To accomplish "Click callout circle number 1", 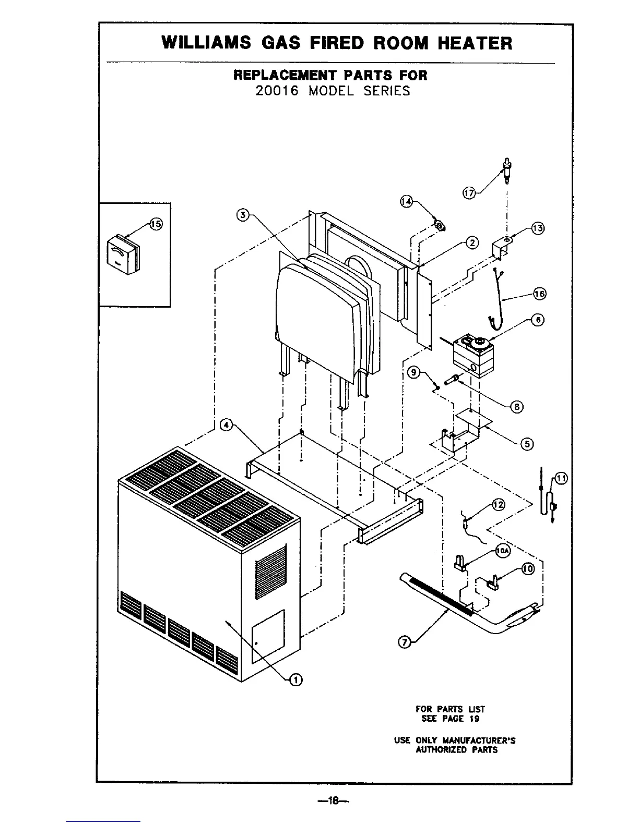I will (x=295, y=678).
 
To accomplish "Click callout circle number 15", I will (x=156, y=224).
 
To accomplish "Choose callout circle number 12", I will (x=499, y=504).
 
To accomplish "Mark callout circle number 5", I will (x=527, y=444).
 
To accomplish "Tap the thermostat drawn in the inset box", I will (x=123, y=254).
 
